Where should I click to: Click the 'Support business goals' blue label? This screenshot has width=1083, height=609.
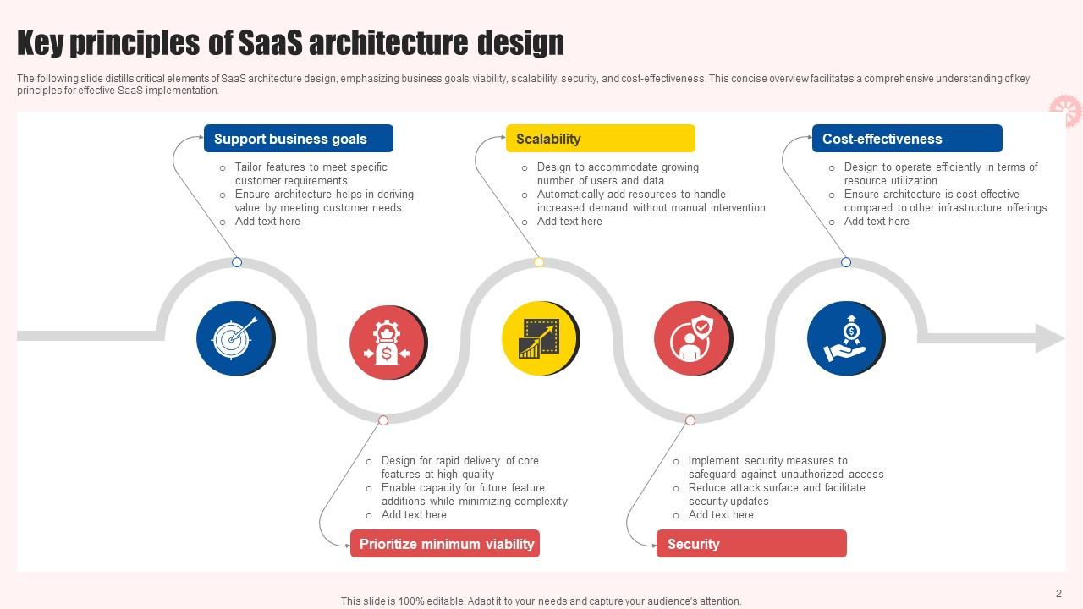tap(298, 139)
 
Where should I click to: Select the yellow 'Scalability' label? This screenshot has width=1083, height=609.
tap(600, 139)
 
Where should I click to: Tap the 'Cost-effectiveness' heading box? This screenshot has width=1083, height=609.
tap(906, 139)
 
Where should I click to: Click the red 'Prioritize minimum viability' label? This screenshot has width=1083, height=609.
tap(445, 544)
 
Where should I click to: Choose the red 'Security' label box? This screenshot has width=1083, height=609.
tap(751, 544)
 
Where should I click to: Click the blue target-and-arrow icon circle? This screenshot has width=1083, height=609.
tap(234, 338)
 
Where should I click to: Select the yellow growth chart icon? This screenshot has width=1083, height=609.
tap(539, 338)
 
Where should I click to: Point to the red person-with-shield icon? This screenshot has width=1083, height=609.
tap(692, 339)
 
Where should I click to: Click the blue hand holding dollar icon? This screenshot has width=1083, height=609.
tap(844, 338)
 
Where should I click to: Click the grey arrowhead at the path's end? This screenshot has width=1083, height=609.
tap(1049, 338)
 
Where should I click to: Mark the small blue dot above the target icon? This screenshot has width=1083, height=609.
tap(237, 262)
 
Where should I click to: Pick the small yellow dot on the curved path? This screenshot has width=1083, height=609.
tap(539, 262)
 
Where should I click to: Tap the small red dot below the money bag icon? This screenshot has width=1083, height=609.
tap(383, 420)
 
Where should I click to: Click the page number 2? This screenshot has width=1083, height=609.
tap(1058, 594)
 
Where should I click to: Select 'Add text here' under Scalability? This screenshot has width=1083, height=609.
tap(569, 222)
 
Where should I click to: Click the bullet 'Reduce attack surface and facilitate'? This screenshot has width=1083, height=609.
tap(777, 488)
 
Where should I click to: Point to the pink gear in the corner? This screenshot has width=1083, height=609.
tap(1065, 110)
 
